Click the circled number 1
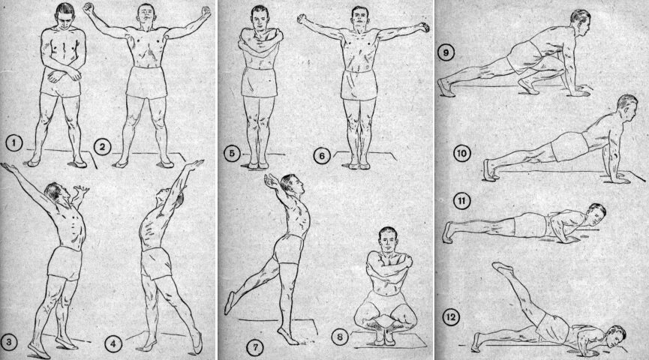(14, 143)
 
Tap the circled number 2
(102, 147)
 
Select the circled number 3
(9, 342)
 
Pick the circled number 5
(232, 154)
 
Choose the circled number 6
(322, 156)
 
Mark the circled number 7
(255, 346)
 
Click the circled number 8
(340, 337)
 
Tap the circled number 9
(446, 53)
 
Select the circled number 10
(461, 154)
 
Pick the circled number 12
(451, 317)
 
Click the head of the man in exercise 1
(65, 16)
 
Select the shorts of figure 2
(146, 82)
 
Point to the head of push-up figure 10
(626, 109)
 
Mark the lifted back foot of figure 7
(229, 303)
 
